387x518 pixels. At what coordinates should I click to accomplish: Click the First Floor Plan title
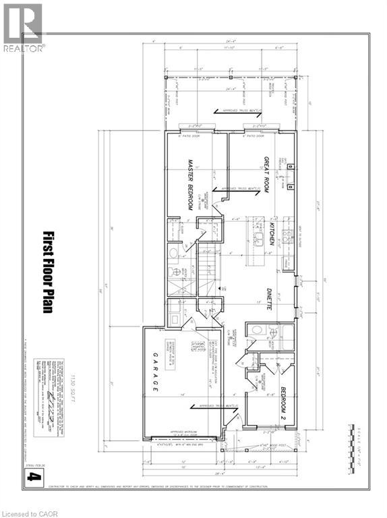coord(48,270)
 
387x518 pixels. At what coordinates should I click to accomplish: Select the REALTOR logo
coord(24,27)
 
